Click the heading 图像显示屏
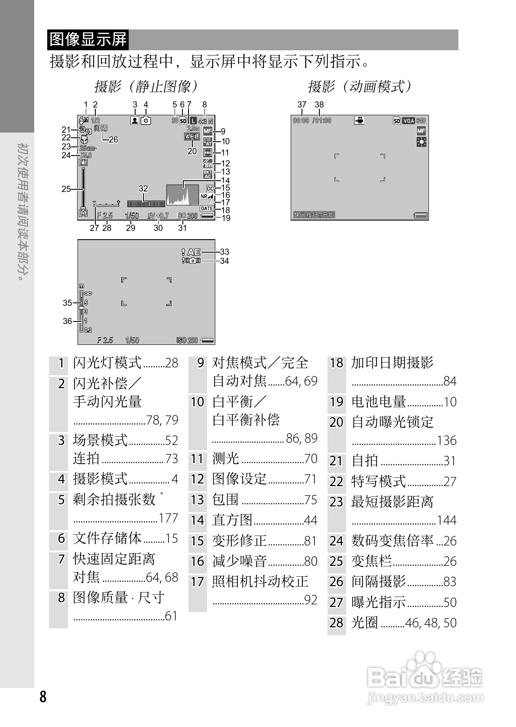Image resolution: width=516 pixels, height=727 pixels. pos(88,39)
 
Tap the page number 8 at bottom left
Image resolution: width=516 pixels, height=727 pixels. pos(42,697)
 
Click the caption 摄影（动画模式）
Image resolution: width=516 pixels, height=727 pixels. pos(359,87)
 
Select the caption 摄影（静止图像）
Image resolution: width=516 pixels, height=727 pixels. pos(146,87)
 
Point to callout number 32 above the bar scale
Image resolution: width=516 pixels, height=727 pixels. pos(143,189)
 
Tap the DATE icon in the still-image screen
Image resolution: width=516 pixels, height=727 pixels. pos(207,209)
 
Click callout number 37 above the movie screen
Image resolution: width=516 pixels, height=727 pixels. pos(302,104)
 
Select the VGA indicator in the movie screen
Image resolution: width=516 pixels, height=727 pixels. pos(409,121)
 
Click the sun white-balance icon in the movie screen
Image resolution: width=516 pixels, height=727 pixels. pos(421,142)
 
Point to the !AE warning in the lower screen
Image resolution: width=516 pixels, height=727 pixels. pos(191,252)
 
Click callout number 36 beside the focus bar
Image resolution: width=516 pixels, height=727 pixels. pos(67,321)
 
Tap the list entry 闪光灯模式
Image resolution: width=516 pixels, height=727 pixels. pos(107,363)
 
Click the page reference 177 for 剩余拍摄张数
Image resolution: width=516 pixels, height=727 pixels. pos(169,518)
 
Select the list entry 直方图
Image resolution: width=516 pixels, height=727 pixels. pos(232,520)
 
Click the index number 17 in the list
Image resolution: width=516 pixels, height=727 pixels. pos(198,581)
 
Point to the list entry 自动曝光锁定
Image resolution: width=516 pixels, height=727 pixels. pos(393,422)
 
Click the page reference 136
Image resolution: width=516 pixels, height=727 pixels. pos(447,441)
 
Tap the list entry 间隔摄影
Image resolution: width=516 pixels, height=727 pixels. pos(378,581)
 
